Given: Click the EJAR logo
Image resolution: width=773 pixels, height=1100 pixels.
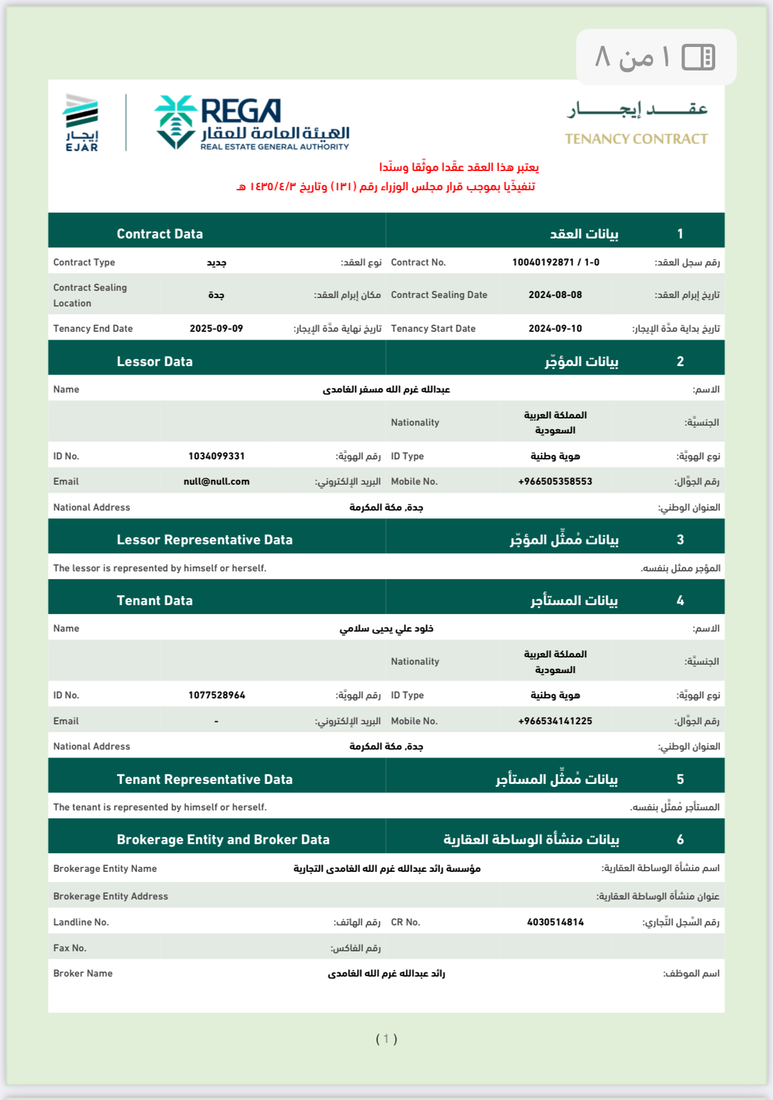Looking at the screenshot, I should (81, 122).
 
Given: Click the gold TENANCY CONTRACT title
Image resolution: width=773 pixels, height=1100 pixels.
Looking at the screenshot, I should (636, 139).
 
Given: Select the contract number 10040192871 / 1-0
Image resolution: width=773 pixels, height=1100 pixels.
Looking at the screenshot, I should (555, 263).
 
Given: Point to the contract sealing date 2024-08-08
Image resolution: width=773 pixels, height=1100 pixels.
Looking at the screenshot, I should (555, 295).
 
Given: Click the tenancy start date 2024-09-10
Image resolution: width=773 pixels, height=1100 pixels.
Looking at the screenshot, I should (555, 329).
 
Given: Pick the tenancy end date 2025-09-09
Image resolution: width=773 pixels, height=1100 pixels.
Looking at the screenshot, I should (216, 329).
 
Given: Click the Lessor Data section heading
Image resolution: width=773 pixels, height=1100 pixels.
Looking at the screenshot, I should (155, 362).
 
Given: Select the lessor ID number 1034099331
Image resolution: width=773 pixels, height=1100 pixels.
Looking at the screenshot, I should (216, 456).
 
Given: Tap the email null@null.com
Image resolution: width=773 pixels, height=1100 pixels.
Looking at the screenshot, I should (216, 482).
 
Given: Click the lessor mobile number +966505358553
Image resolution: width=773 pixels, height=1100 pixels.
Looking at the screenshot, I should (555, 482).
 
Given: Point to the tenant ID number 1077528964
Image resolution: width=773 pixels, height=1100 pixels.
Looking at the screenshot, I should (216, 695).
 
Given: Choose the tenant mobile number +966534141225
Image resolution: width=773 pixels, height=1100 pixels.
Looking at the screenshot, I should (555, 721).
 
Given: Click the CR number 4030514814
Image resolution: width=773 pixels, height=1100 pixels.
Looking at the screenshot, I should (555, 922).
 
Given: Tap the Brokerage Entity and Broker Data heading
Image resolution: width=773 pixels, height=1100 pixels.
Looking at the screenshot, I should (223, 840).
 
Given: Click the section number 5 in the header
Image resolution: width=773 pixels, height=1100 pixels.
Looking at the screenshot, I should (680, 780).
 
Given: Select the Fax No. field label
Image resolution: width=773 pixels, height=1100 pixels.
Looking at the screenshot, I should (70, 948).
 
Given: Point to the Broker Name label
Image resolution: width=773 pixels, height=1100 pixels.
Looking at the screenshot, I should (82, 974).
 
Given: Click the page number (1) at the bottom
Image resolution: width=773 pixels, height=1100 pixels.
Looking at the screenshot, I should (386, 1039).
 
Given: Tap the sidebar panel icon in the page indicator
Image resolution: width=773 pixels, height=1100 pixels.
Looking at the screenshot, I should (698, 58).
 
